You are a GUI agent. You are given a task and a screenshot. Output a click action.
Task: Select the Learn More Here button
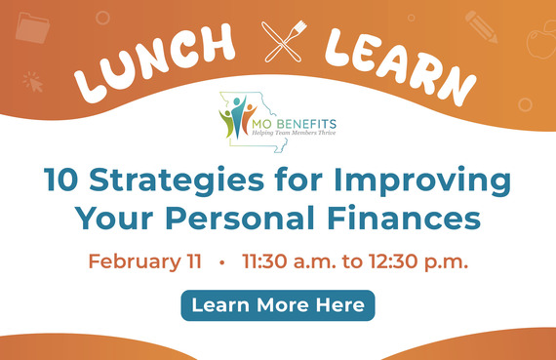point(278,305)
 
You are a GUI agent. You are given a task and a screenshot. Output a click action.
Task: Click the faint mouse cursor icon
point(33,81)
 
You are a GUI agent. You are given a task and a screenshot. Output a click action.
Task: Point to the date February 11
point(145,261)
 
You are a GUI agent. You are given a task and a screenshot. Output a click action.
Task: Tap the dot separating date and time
point(222,262)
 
